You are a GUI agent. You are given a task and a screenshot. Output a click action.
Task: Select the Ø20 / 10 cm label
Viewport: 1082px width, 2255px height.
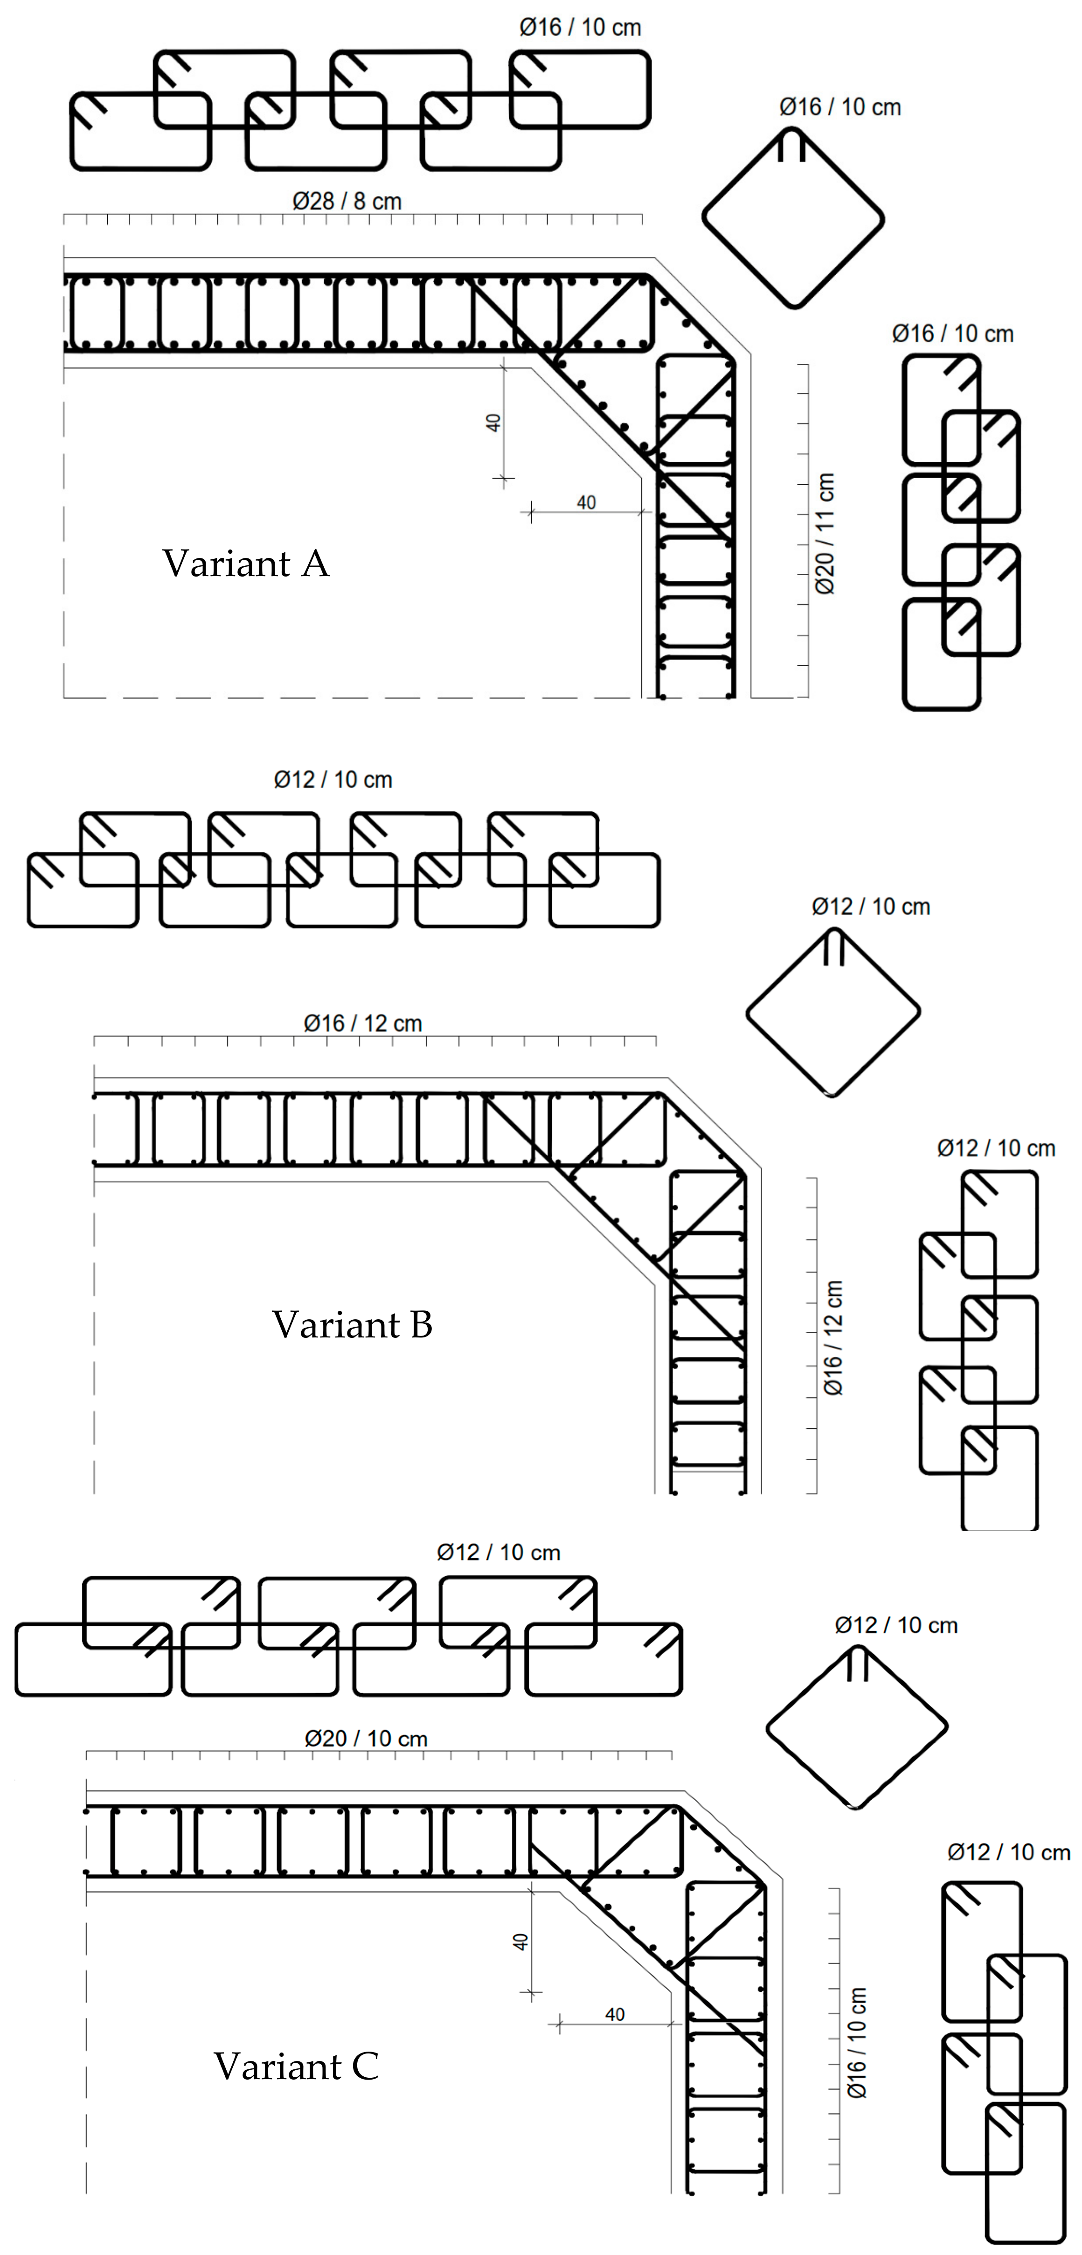click(x=366, y=1739)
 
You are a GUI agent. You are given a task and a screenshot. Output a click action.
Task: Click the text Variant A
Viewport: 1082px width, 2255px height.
click(x=246, y=563)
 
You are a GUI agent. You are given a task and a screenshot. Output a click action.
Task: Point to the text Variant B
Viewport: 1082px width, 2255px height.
click(x=352, y=1324)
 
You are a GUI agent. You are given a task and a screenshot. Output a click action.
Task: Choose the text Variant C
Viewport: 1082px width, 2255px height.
click(x=296, y=2066)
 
